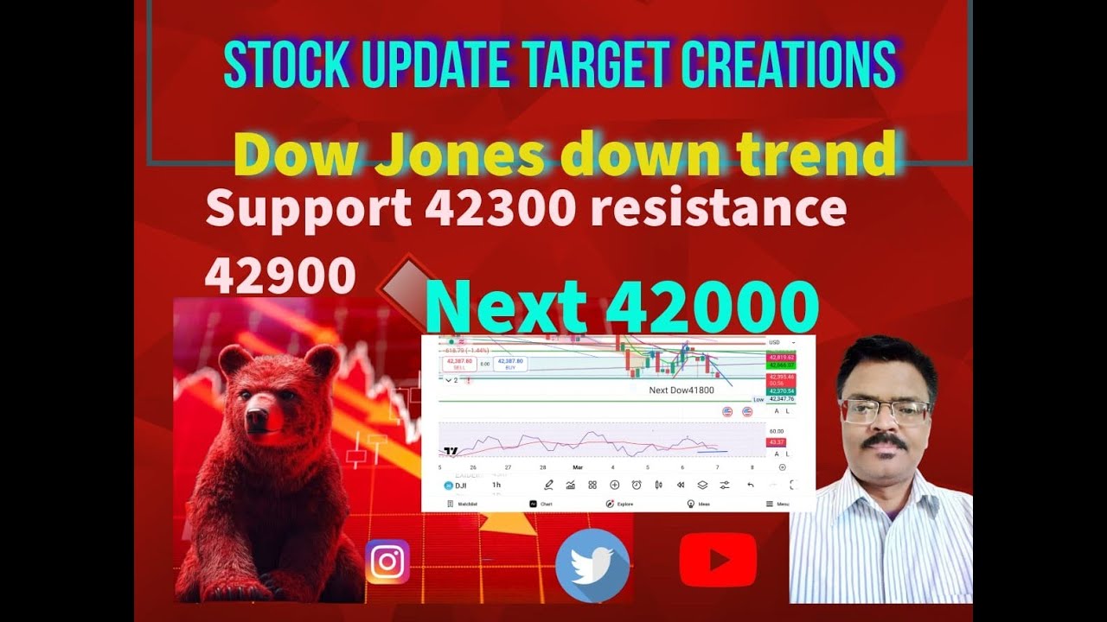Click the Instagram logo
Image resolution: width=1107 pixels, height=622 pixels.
(387, 562)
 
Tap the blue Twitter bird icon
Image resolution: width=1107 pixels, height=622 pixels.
(592, 565)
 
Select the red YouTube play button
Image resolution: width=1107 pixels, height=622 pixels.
(718, 560)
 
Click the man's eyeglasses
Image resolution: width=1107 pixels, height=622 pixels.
(884, 410)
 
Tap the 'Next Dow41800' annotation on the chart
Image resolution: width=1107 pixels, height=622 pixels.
(681, 390)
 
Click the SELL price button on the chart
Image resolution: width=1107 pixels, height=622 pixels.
(459, 364)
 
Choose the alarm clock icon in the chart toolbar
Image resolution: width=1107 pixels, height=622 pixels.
(637, 486)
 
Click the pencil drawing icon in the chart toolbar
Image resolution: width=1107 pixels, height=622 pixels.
(548, 486)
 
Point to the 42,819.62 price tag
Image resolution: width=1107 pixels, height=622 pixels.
(780, 357)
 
